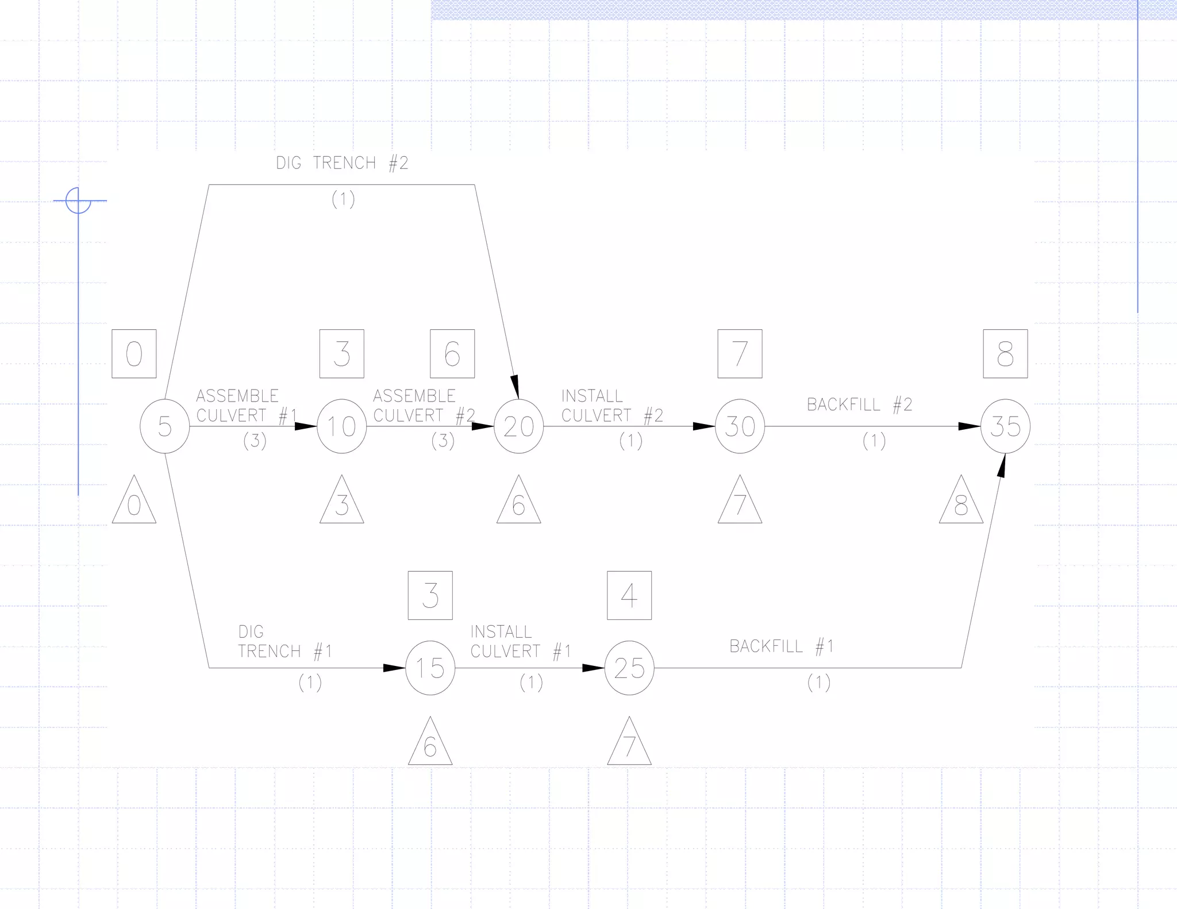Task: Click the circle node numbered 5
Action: tap(165, 426)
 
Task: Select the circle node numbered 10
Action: tap(341, 426)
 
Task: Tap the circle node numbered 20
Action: tap(518, 426)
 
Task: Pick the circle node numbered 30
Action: tap(740, 426)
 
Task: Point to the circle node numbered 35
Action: tap(1005, 426)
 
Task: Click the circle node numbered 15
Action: tap(430, 668)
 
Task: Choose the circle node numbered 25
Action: tap(629, 668)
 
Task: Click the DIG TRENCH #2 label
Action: tap(342, 163)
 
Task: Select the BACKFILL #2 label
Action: tap(859, 405)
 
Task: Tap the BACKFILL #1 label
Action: tap(782, 646)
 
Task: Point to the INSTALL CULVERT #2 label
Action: tap(612, 406)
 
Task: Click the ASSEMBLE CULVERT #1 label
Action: tap(247, 406)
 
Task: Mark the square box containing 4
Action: tap(629, 595)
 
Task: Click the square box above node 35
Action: tap(1005, 354)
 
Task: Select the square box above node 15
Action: tap(430, 595)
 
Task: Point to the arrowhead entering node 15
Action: tap(394, 668)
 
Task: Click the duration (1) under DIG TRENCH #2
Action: tap(343, 199)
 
